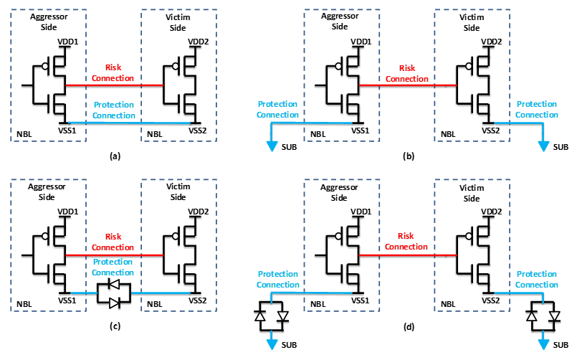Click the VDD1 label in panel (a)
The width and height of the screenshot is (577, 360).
(x=67, y=42)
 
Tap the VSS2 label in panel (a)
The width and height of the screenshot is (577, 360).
(x=198, y=131)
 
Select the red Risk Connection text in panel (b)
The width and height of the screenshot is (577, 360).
(x=407, y=73)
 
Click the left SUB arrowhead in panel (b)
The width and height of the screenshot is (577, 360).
(x=272, y=146)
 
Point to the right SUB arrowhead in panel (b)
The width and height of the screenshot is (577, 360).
(x=543, y=146)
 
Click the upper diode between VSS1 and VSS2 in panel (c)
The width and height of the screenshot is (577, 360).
(x=114, y=284)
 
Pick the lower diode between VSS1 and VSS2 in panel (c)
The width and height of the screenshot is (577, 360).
(x=114, y=303)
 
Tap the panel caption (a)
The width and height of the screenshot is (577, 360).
(x=115, y=156)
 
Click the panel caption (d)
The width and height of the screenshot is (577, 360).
(x=409, y=326)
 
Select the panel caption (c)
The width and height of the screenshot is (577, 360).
(x=115, y=326)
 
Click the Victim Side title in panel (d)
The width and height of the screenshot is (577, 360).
(x=472, y=193)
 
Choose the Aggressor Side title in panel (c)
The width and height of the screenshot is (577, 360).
(x=47, y=191)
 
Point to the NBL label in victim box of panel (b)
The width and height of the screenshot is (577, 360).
(x=448, y=134)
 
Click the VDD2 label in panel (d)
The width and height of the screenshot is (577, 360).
(x=491, y=212)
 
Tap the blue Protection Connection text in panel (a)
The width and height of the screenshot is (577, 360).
(x=114, y=110)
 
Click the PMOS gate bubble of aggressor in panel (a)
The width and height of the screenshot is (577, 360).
(x=45, y=66)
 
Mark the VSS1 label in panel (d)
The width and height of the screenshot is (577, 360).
(x=360, y=300)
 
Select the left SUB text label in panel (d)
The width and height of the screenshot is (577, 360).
(x=289, y=345)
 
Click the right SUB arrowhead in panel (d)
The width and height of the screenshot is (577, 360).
(x=543, y=344)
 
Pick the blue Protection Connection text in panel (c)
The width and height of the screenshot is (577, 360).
(x=113, y=267)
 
